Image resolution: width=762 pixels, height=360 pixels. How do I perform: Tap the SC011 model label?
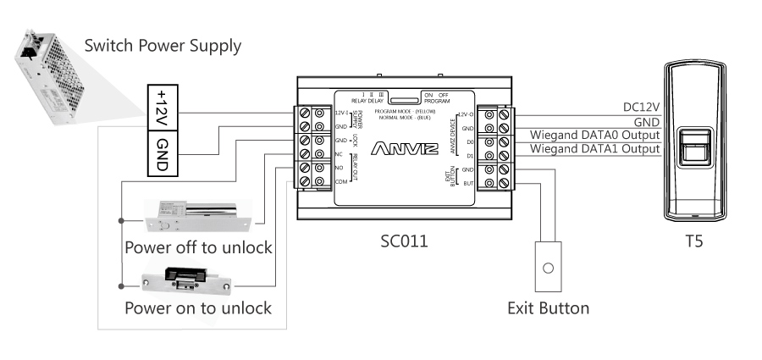click(x=404, y=241)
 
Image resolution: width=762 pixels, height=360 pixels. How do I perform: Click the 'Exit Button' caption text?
click(x=548, y=308)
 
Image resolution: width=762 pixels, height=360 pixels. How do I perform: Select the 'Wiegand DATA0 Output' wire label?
click(x=594, y=134)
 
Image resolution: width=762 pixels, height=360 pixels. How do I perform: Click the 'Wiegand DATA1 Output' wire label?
click(x=594, y=149)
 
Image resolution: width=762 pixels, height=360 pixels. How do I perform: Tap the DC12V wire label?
click(x=641, y=107)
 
